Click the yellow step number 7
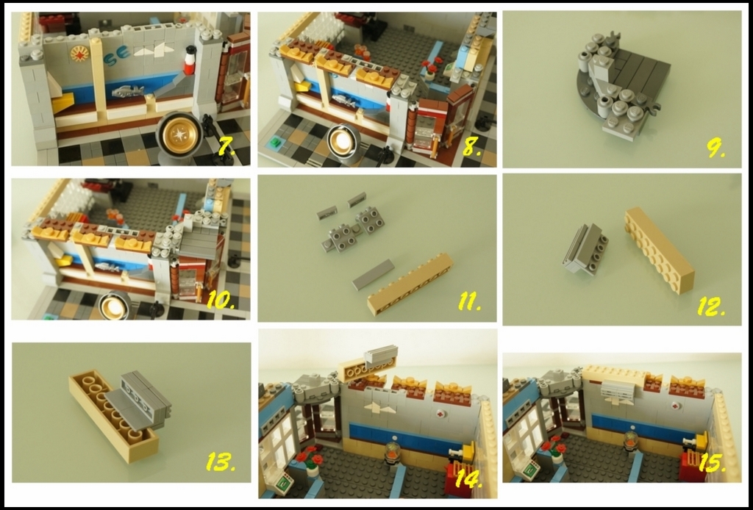pos(226,146)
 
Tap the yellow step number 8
pos(471,147)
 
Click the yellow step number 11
pos(469,302)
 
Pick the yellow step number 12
pos(711,307)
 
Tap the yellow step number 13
pos(221,461)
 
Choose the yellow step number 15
pos(712,464)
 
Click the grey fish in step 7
pos(128,90)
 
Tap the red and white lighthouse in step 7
pos(191,60)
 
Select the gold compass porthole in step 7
pos(179,134)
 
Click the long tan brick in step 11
pos(410,284)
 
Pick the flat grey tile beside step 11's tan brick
pos(374,274)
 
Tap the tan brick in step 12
pos(659,250)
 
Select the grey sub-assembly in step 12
pos(585,249)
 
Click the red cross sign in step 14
pos(440,413)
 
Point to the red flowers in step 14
pos(312,456)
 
